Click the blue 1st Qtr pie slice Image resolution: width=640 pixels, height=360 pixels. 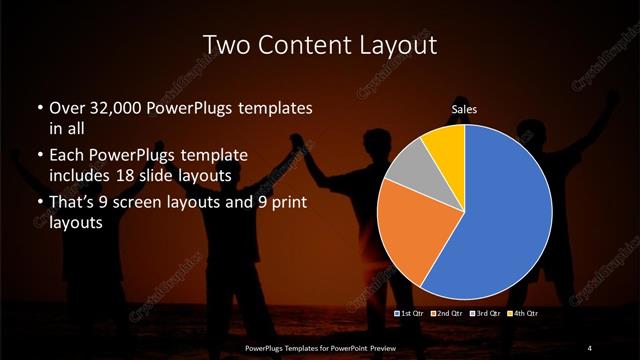pos(500,210)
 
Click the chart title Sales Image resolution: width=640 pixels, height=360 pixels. pos(463,107)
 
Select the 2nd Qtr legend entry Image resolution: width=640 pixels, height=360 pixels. pos(447,313)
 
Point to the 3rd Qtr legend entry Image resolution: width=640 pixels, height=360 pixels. pos(485,313)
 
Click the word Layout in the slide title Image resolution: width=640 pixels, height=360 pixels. pos(386,45)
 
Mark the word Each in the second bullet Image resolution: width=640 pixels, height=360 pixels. pos(68,157)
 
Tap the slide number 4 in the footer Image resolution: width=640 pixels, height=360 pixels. pos(590,347)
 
